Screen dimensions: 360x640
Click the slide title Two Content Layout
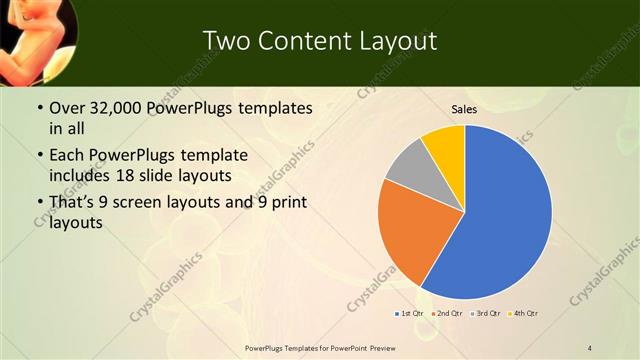point(319,41)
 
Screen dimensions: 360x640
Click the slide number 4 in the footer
point(590,347)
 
